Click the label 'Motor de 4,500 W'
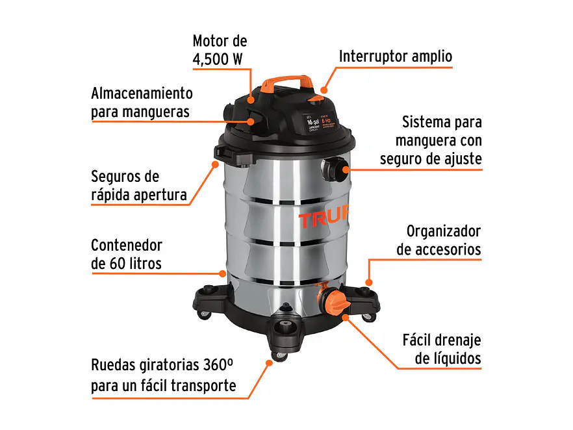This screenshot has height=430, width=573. point(220,49)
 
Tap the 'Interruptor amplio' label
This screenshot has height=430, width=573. point(395,57)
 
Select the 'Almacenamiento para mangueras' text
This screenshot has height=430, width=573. point(142,102)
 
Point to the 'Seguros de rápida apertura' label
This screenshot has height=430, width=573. point(138,185)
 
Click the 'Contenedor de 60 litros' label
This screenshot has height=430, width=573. point(127,254)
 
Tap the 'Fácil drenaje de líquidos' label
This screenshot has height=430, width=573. point(442,349)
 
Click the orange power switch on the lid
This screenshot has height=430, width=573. point(317,99)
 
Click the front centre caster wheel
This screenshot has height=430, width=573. point(285,329)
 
